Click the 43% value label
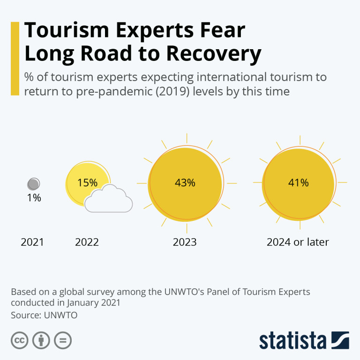pyautogui.click(x=185, y=183)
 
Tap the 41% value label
pyautogui.click(x=298, y=183)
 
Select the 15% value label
pyautogui.click(x=87, y=183)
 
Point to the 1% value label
pyautogui.click(x=34, y=198)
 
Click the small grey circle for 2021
pyautogui.click(x=34, y=184)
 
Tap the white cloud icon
pyautogui.click(x=109, y=199)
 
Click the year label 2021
pyautogui.click(x=32, y=242)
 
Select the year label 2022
pyautogui.click(x=87, y=242)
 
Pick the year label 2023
pyautogui.click(x=185, y=242)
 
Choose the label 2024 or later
pyautogui.click(x=298, y=242)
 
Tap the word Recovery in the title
pyautogui.click(x=213, y=54)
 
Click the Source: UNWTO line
pyautogui.click(x=44, y=315)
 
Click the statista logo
pyautogui.click(x=304, y=340)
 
